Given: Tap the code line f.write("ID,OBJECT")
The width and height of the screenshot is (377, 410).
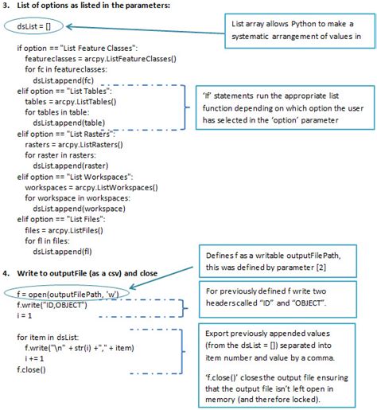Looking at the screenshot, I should pyautogui.click(x=52, y=305).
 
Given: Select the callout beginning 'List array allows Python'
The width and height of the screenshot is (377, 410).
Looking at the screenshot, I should pyautogui.click(x=292, y=29).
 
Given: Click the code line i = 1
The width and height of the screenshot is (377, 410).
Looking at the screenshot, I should pyautogui.click(x=26, y=315).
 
